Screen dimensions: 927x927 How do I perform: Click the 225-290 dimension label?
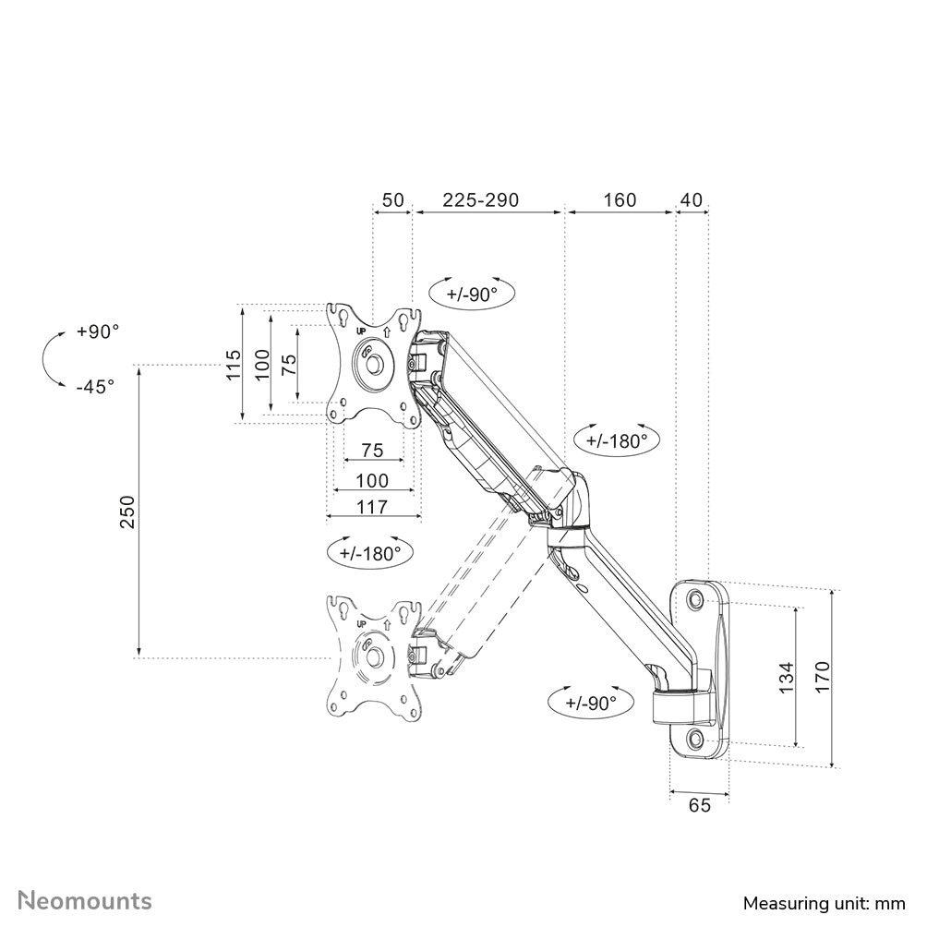click(x=480, y=199)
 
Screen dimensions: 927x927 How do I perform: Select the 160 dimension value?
click(x=619, y=199)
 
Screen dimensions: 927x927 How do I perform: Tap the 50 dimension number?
click(x=392, y=199)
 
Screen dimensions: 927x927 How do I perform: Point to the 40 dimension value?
click(x=692, y=199)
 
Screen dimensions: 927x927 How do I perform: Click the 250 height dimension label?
click(x=127, y=512)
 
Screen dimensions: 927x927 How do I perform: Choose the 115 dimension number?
click(x=235, y=365)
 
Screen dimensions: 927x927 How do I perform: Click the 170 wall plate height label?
click(x=824, y=678)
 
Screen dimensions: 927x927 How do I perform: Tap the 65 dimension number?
click(x=699, y=805)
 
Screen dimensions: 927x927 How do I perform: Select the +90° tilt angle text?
click(x=98, y=331)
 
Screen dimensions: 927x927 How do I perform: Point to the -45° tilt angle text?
click(x=95, y=386)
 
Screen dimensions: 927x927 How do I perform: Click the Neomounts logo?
click(x=86, y=900)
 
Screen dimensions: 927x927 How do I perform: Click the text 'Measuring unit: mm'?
click(x=824, y=902)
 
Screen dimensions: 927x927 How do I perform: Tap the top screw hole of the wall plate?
click(x=695, y=600)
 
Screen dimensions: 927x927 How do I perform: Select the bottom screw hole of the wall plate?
click(x=695, y=738)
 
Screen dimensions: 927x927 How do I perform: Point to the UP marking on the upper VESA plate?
click(x=362, y=330)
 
